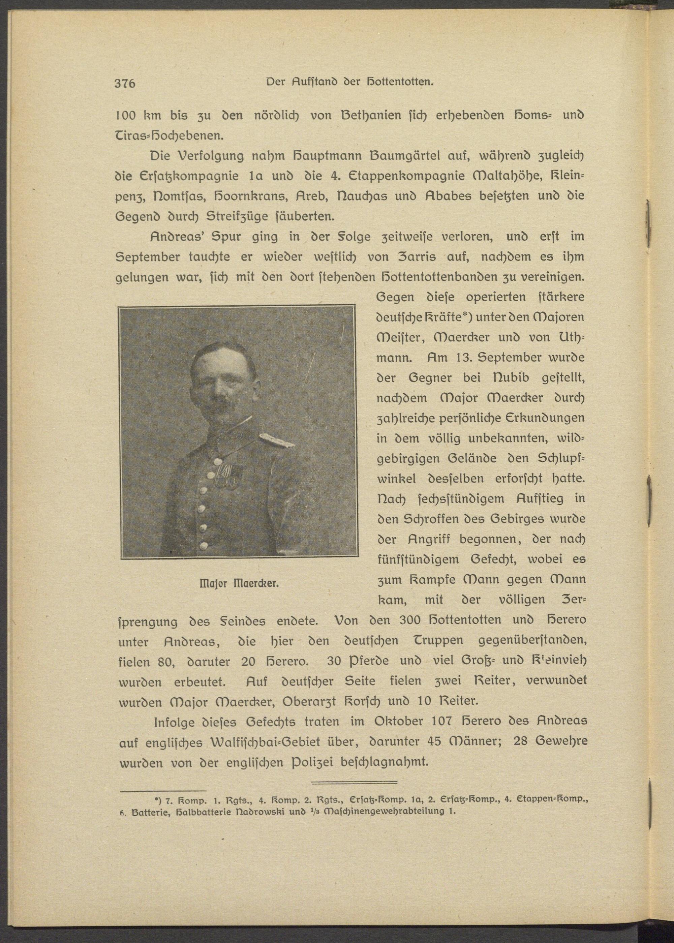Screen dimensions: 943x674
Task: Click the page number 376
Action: (x=125, y=84)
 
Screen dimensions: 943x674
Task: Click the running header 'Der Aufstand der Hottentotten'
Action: (x=349, y=82)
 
